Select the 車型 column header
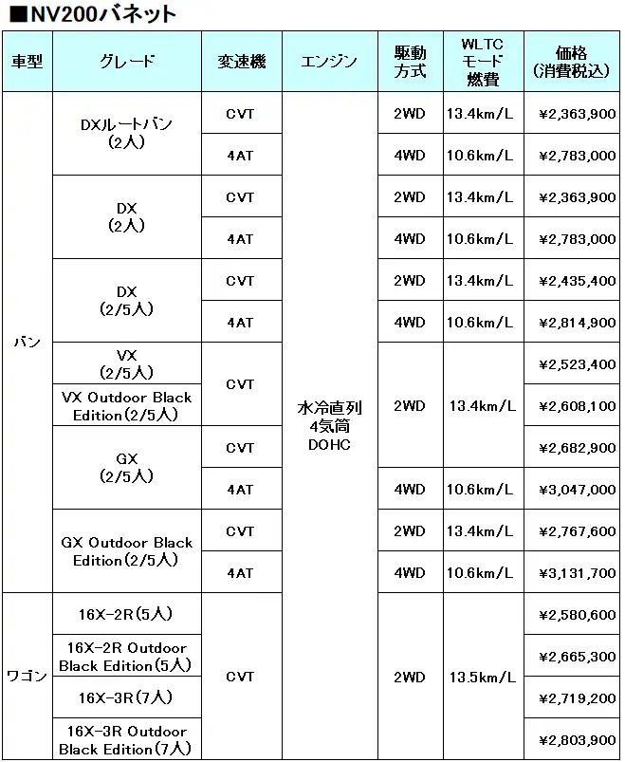27,62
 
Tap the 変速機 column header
241,62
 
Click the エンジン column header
329,62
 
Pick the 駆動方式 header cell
410,62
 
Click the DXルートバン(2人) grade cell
127,133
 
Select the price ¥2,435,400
577,281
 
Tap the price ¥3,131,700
577,573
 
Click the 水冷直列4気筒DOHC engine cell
329,425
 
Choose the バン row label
27,342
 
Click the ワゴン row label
27,676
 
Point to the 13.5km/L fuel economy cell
482,678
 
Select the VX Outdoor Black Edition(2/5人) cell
127,406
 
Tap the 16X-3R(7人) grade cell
127,697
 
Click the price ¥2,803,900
577,740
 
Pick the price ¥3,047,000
577,490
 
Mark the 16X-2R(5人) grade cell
127,614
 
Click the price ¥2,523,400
577,364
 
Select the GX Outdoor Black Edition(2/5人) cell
127,551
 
